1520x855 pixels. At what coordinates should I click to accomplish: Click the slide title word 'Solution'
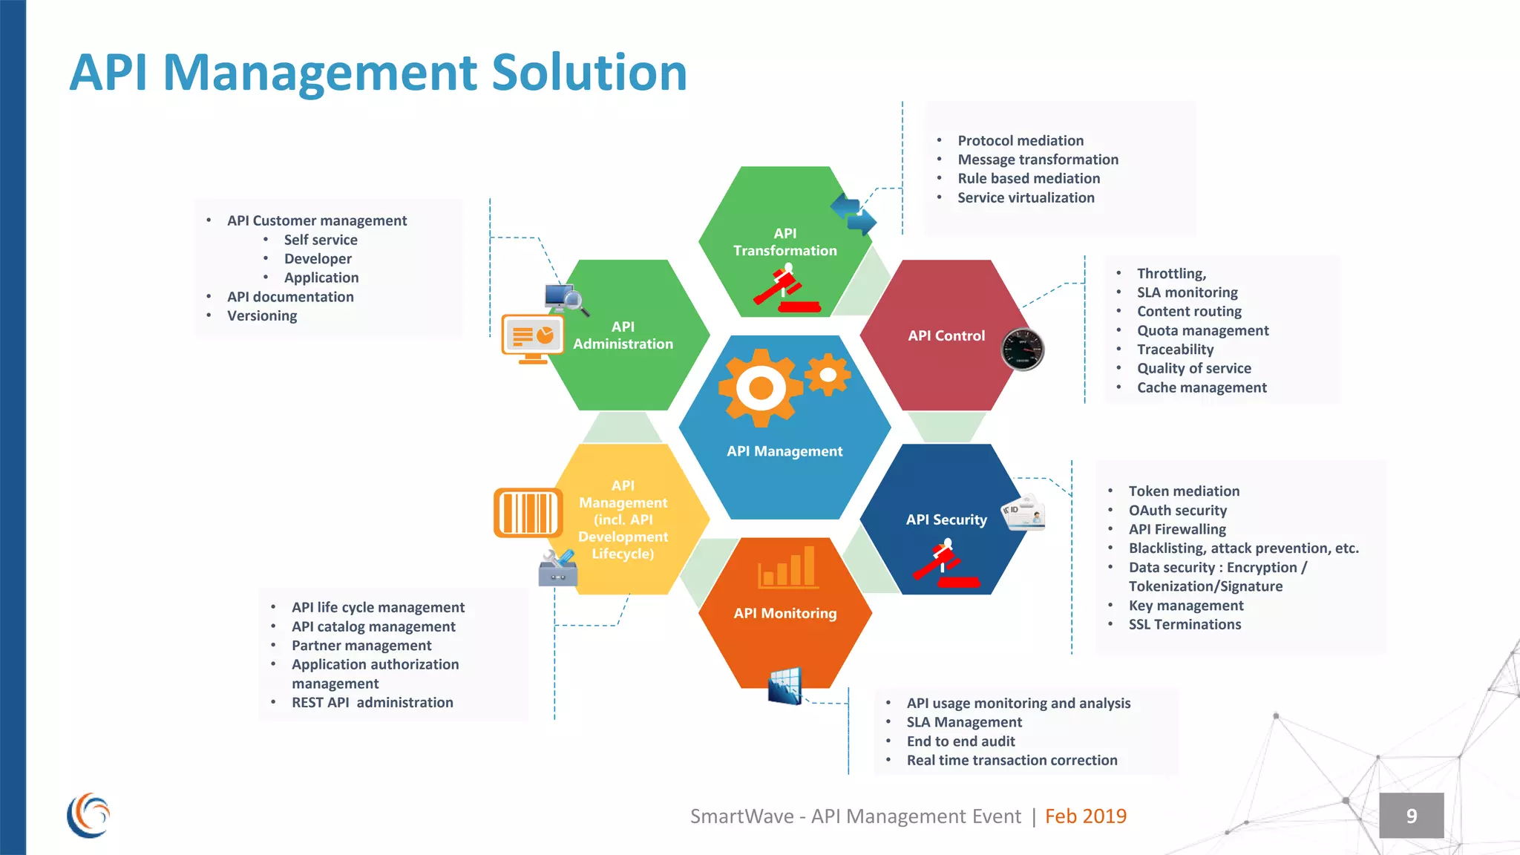pos(589,73)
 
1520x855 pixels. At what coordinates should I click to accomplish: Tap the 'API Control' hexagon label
pos(946,335)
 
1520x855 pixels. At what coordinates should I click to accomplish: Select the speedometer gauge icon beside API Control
pos(1023,349)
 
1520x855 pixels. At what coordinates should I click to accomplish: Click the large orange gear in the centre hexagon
pos(760,387)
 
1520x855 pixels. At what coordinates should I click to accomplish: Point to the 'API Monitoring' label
pos(785,613)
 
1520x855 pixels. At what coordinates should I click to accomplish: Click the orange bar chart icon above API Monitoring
pos(787,568)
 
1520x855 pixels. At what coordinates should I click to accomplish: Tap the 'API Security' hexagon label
pos(946,520)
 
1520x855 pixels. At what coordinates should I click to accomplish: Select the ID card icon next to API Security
pos(1024,513)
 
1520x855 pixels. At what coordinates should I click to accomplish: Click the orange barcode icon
pos(528,512)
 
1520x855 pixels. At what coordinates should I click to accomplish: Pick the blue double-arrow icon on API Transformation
pos(854,214)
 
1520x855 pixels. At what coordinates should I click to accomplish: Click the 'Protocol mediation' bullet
pos(1021,140)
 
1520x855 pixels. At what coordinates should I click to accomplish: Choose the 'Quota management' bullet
pos(1202,330)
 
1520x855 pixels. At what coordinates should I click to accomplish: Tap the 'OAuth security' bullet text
pos(1178,510)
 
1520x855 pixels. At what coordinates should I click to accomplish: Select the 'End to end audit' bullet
pos(960,741)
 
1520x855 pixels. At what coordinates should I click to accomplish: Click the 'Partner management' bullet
pos(361,645)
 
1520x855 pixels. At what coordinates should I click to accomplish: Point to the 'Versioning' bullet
pos(262,315)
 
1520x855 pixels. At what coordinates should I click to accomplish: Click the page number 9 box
pos(1411,816)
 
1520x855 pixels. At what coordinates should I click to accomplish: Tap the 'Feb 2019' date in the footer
pos(1085,816)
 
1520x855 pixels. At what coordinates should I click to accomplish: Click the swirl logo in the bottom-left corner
pos(88,815)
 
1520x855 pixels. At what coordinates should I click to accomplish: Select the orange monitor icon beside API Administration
pos(532,338)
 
